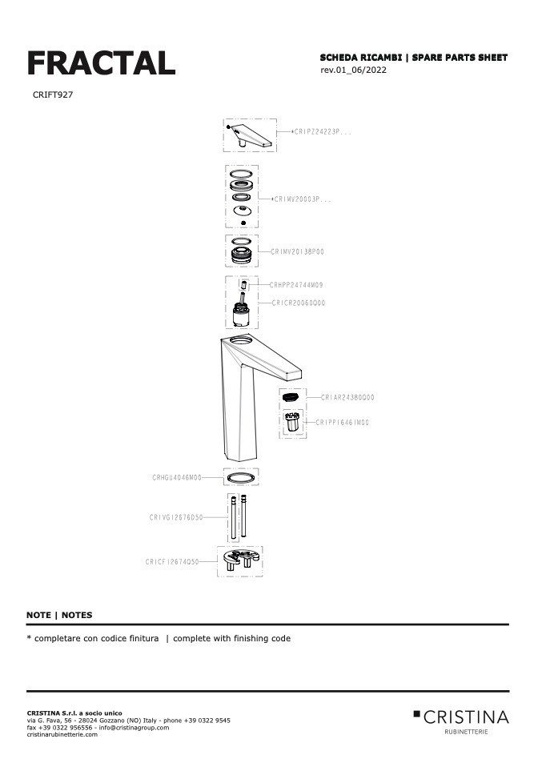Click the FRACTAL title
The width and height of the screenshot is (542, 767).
(101, 63)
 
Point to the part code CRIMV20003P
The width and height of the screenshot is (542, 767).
(303, 199)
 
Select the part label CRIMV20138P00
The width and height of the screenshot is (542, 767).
(297, 251)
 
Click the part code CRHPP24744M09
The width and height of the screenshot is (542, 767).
(296, 285)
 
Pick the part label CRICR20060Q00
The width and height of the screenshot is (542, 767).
(298, 303)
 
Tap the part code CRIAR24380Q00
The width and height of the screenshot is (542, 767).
(347, 397)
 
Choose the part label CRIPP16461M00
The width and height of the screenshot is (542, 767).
(342, 422)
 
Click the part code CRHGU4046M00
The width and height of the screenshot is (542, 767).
(177, 477)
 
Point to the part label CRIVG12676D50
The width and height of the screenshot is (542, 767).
(175, 517)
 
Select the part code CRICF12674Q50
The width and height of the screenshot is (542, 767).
(172, 562)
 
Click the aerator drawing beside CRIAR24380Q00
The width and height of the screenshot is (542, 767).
(292, 397)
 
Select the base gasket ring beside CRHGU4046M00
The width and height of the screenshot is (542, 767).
(241, 477)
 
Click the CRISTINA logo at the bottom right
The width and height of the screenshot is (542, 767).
(461, 717)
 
